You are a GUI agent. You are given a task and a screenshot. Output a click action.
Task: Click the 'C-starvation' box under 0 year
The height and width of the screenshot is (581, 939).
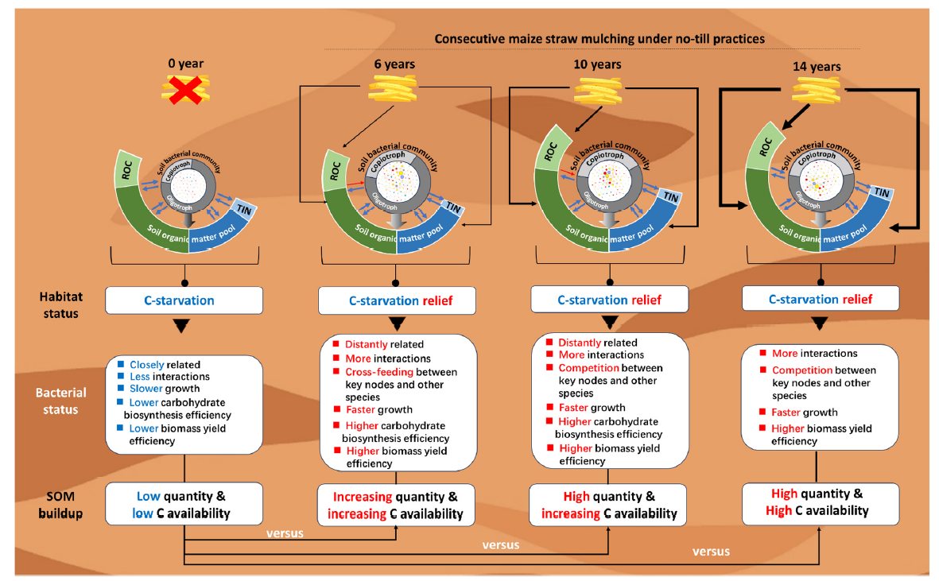184,300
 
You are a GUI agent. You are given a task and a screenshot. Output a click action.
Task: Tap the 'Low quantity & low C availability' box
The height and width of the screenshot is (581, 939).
184,504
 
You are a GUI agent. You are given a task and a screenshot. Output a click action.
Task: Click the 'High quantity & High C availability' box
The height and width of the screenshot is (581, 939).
820,502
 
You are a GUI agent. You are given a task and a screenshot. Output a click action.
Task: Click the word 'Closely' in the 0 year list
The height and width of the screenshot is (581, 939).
147,365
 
